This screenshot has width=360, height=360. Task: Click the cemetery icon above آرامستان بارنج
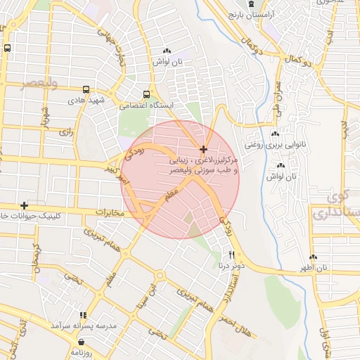(252, 4)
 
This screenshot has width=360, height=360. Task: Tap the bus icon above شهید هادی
(86, 90)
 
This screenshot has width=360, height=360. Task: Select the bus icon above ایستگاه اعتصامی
(146, 94)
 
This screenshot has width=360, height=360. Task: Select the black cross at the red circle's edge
(203, 149)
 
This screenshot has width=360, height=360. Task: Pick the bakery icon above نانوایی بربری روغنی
(275, 134)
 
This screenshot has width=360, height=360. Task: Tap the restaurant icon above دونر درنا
(231, 254)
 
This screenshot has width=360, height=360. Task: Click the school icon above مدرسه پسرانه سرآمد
(82, 316)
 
